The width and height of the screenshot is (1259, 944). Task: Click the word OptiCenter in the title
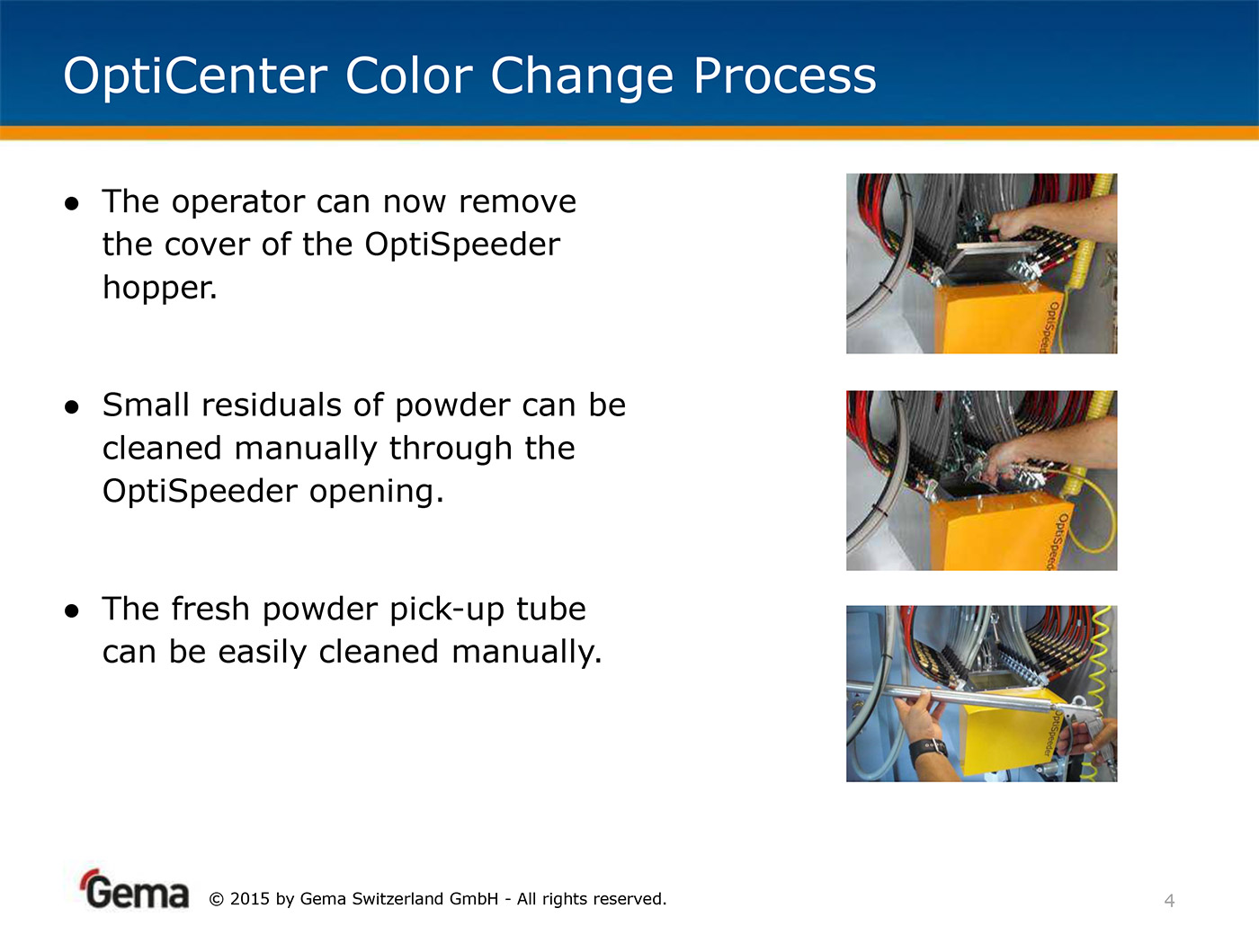coord(195,76)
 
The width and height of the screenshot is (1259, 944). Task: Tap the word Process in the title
coord(785,76)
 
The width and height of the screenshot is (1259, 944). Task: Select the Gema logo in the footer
coord(134,889)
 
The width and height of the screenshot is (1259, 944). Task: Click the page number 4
coord(1169,901)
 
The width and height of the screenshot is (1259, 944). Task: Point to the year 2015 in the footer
coord(249,899)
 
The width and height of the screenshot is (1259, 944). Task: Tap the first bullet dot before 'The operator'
coord(72,204)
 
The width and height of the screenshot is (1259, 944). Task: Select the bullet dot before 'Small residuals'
coord(72,407)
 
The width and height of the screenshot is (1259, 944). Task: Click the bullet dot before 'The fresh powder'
coord(72,611)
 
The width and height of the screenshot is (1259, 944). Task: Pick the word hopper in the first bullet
coord(159,287)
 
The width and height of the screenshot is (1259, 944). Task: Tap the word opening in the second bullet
coord(376,492)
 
